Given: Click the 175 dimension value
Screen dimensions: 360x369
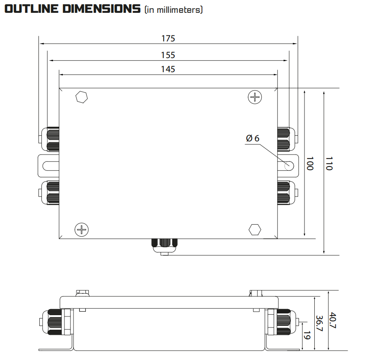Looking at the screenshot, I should (x=168, y=38).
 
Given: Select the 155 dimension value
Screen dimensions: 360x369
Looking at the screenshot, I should (x=168, y=55).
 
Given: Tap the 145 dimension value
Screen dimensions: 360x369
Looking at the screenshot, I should (x=168, y=69).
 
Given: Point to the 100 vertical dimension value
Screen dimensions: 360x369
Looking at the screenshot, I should (x=310, y=163).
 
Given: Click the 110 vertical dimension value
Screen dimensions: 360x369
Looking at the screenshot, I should (x=328, y=163).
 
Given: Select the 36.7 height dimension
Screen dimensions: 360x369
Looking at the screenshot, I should (x=319, y=323).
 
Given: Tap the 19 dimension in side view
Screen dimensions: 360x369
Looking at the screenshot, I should (x=307, y=335).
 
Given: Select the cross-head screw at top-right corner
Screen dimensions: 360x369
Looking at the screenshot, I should (x=255, y=97).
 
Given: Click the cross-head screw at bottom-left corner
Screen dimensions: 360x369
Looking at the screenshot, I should (x=81, y=230).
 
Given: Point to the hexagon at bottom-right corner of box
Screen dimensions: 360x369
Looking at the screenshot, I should (x=255, y=229).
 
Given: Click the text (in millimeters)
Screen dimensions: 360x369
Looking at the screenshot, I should (x=173, y=10).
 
